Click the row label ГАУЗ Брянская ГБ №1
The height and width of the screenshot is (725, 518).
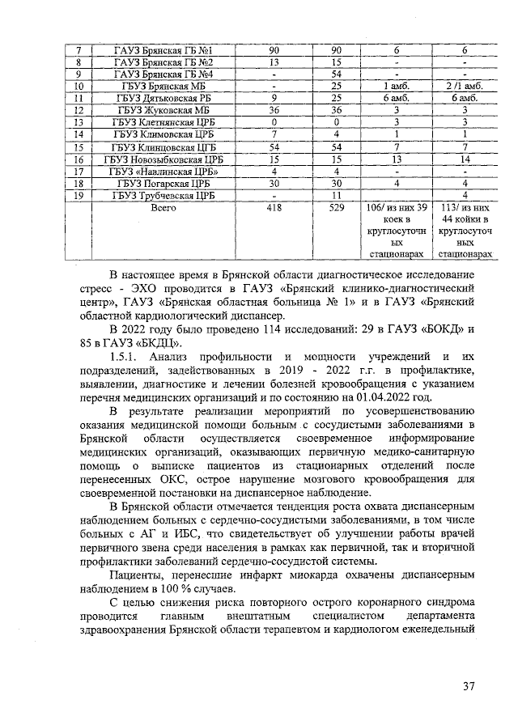[x=163, y=50]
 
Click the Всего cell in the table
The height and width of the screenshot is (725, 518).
[x=163, y=208]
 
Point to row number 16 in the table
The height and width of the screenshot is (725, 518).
[x=79, y=160]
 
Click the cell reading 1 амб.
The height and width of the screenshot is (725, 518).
[x=397, y=85]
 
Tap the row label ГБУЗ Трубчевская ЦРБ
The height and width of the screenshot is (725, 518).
[x=163, y=196]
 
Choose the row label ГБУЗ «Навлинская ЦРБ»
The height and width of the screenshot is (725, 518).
[x=163, y=172]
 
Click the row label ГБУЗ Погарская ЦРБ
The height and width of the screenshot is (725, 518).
[x=163, y=184]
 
